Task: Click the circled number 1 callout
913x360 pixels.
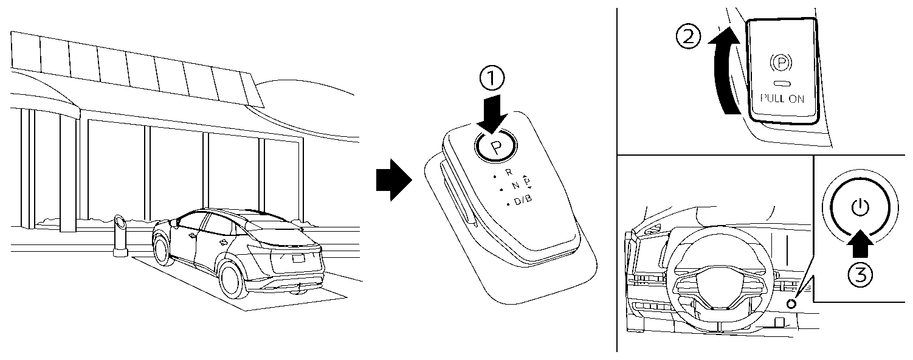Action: tap(492, 78)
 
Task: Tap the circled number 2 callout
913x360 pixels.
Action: tap(688, 38)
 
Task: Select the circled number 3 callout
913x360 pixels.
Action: tap(859, 275)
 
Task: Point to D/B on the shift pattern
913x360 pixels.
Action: tap(522, 202)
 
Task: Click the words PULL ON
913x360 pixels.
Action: tap(782, 99)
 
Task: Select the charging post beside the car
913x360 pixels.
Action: tap(120, 236)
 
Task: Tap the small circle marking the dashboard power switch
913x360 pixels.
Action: tap(791, 304)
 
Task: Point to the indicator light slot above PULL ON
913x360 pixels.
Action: tap(782, 84)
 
